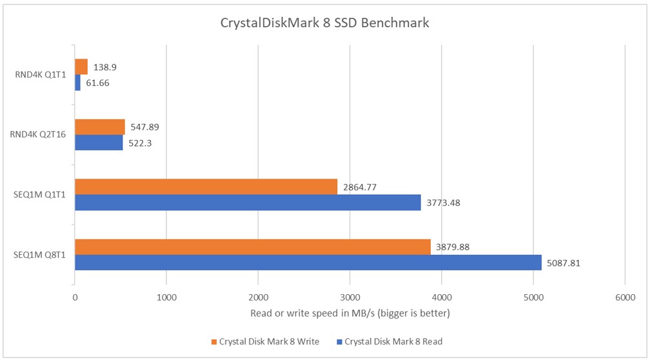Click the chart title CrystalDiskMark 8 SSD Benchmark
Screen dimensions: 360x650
tap(324, 23)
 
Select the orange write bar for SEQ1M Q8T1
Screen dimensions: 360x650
tap(253, 247)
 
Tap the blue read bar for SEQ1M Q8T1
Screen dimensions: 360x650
tap(308, 263)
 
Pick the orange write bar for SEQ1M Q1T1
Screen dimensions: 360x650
tap(206, 187)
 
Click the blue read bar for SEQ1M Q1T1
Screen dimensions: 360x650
tap(248, 203)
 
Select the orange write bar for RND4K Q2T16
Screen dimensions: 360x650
tap(100, 127)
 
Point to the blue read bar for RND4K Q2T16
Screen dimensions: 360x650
tap(99, 143)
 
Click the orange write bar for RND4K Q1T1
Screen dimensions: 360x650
tap(81, 67)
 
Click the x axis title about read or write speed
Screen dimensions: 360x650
tap(350, 314)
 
